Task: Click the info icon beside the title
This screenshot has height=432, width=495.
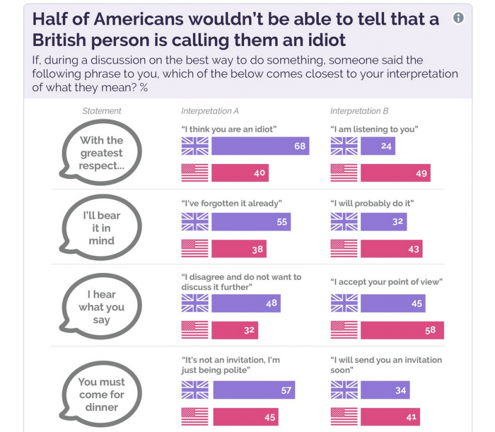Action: (x=458, y=18)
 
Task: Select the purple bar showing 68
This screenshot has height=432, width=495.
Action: (x=260, y=146)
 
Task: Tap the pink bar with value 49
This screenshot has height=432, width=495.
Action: (x=395, y=173)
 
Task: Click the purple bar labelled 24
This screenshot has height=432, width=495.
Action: (x=377, y=146)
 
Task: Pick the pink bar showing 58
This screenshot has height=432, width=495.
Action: (x=402, y=330)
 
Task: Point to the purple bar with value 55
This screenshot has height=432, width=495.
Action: (x=251, y=222)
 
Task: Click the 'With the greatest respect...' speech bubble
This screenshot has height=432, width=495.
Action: (x=101, y=153)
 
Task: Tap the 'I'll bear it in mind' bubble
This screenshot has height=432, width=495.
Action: (x=101, y=228)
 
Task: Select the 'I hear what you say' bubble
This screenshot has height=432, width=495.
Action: (x=101, y=307)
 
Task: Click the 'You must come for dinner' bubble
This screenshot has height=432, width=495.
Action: (x=101, y=395)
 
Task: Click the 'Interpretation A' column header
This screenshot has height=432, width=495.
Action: (x=210, y=111)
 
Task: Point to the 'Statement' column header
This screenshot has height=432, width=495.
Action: (x=101, y=111)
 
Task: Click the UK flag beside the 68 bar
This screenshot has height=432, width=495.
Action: (x=195, y=146)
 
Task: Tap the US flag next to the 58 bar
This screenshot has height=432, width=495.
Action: (x=344, y=330)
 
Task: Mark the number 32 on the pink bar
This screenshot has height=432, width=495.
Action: (x=248, y=330)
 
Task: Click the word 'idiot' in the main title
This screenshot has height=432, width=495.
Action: (x=322, y=40)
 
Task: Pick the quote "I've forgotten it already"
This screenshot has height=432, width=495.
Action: (x=231, y=203)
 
